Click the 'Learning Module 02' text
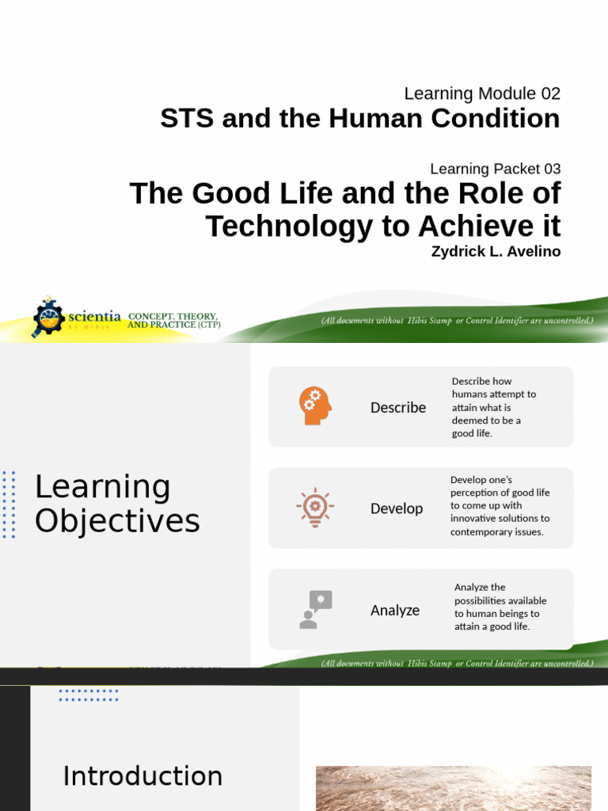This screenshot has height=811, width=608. coord(481,93)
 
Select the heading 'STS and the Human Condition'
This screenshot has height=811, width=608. coord(359,119)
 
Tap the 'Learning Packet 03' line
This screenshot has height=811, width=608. coord(495,169)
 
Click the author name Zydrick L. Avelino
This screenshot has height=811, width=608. coord(496,252)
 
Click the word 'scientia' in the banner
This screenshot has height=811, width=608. coord(94,316)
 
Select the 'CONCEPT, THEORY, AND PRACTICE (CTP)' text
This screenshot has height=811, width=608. coord(174,320)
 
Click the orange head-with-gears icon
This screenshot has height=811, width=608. coord(315,405)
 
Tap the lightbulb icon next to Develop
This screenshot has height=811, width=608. coord(315,508)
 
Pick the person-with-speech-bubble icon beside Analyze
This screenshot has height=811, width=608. coord(315,610)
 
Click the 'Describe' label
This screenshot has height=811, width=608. coord(398,408)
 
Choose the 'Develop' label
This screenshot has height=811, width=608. coord(397,508)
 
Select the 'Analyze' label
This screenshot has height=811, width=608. coord(395,611)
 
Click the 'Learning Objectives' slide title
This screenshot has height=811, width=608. coord(117,504)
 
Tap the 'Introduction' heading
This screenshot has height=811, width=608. coord(142,776)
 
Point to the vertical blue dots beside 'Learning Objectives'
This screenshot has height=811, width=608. coord(9,504)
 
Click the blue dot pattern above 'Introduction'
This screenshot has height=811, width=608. coord(89,695)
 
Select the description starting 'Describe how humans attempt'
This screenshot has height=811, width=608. coord(494,407)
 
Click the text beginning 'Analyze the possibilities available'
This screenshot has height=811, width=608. coord(500,607)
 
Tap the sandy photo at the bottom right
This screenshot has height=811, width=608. coord(453,788)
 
